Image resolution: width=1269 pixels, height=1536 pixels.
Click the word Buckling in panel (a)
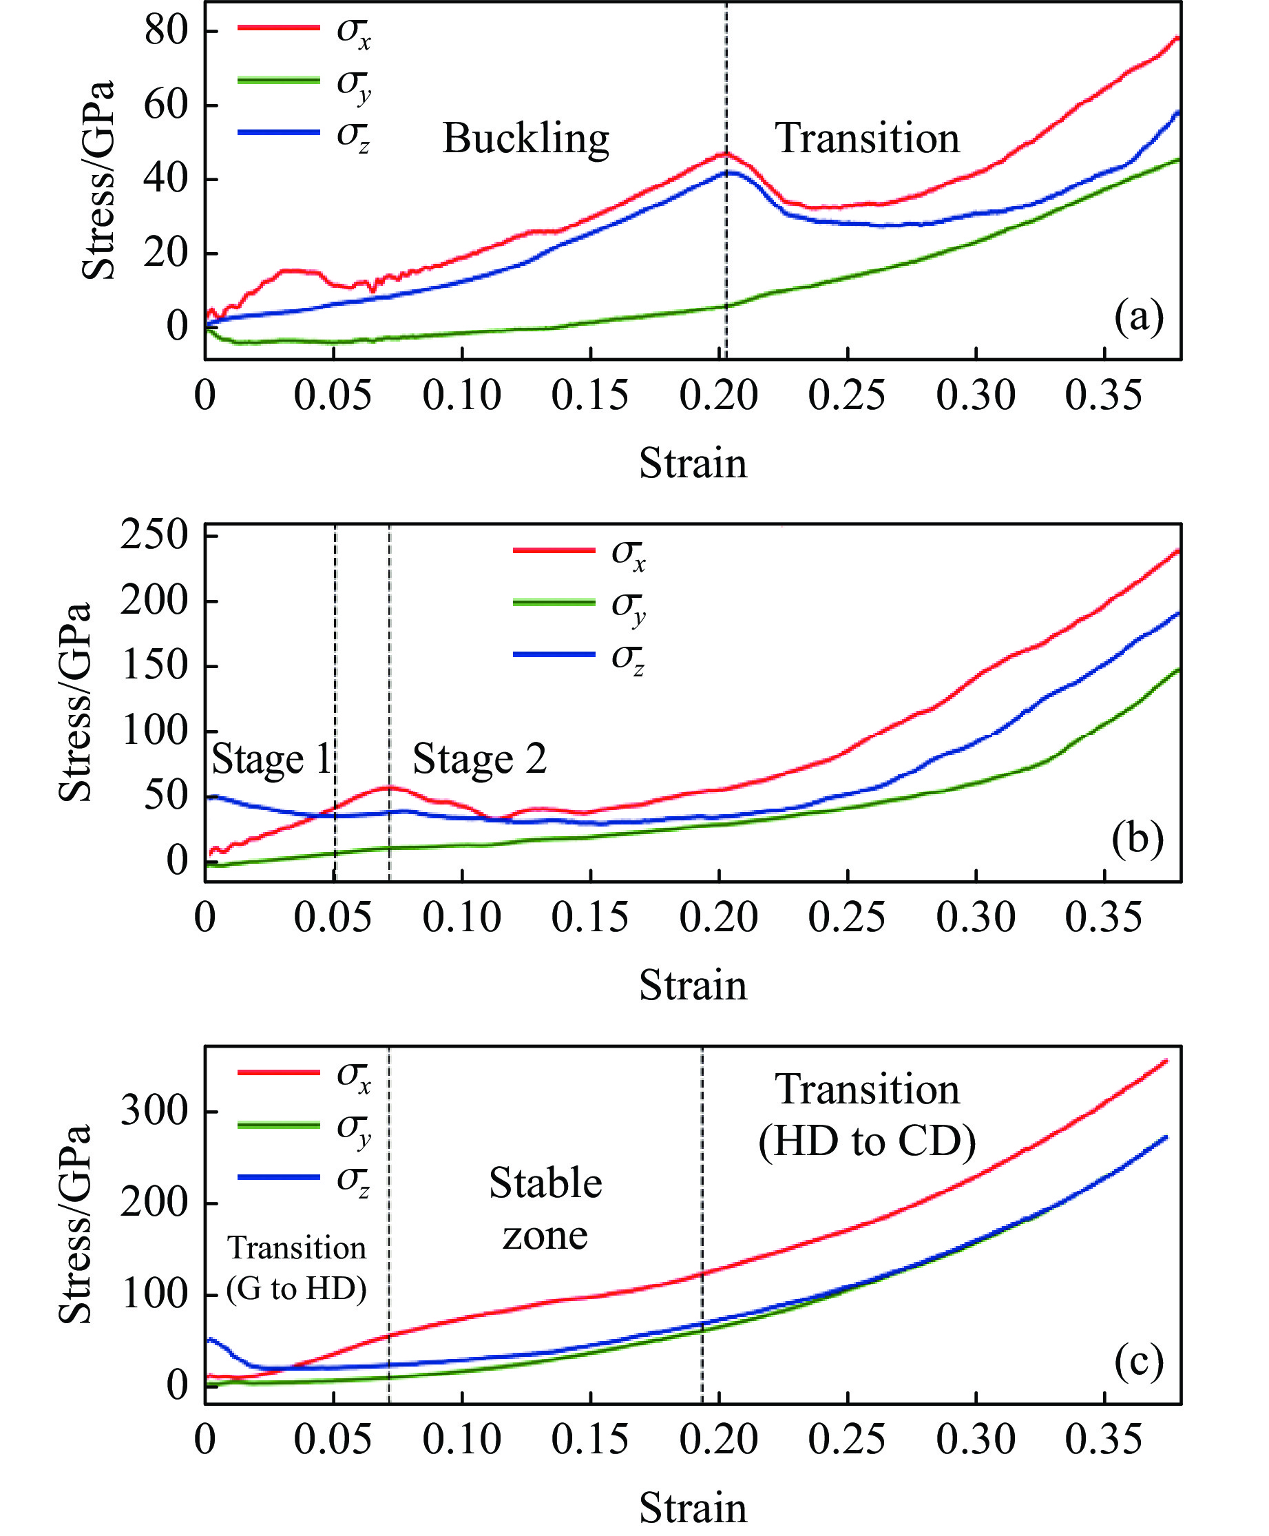[x=525, y=138]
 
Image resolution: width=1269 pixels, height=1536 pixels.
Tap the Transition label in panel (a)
[x=867, y=138]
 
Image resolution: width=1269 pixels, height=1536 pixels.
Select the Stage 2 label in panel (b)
[x=479, y=758]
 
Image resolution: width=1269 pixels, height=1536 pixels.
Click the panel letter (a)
[x=1138, y=317]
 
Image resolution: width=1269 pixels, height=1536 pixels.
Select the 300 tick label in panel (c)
[x=154, y=1110]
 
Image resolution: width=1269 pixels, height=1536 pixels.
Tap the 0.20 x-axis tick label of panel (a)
[x=719, y=395]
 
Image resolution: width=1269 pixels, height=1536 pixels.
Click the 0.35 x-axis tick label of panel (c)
[x=1103, y=1439]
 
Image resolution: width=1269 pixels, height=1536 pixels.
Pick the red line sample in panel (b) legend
[x=554, y=550]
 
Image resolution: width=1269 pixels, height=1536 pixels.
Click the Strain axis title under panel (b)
[x=693, y=985]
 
